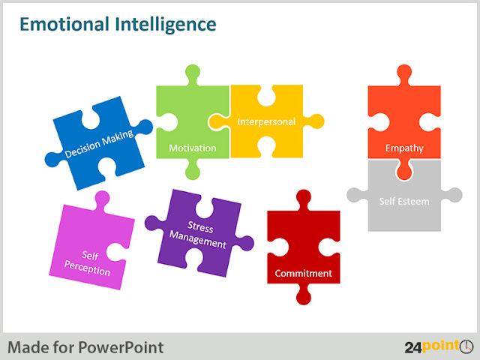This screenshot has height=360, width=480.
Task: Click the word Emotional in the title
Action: (x=64, y=24)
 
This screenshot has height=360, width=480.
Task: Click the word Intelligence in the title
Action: (x=166, y=25)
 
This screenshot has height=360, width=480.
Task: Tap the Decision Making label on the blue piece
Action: (x=99, y=143)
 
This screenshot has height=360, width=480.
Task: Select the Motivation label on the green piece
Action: (x=193, y=148)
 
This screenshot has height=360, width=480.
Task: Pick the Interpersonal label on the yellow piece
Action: (x=266, y=121)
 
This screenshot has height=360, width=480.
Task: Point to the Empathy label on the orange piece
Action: (x=404, y=148)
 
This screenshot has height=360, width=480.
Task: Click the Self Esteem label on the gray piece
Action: (x=404, y=202)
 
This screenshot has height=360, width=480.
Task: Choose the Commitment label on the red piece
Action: (x=303, y=273)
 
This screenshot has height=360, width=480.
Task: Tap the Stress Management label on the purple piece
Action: (x=199, y=235)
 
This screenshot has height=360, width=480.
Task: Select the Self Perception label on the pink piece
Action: (x=88, y=263)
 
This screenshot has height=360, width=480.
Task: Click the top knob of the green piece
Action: (x=193, y=73)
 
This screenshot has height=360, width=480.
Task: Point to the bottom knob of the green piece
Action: (x=193, y=170)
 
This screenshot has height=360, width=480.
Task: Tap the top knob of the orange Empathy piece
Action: (x=404, y=73)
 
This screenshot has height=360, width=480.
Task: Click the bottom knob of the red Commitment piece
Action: (x=304, y=295)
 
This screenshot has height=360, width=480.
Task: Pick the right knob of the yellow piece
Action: (x=315, y=121)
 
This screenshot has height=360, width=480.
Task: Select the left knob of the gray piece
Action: (x=356, y=195)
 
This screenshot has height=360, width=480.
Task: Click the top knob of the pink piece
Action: (x=102, y=200)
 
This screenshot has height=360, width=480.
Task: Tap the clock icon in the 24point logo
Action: (x=466, y=346)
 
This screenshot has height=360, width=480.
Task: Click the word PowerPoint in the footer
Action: (x=121, y=348)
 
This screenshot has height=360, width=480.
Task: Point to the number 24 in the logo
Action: (x=413, y=347)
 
